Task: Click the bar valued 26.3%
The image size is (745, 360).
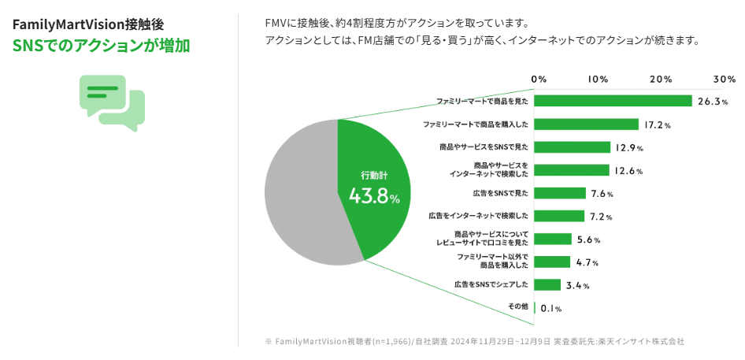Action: [613, 101]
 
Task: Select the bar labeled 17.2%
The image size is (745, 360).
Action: [587, 124]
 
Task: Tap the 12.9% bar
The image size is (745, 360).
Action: [573, 147]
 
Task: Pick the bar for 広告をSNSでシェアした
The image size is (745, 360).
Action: [547, 284]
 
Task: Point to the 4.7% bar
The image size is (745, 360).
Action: [552, 262]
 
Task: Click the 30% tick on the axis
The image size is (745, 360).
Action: [724, 80]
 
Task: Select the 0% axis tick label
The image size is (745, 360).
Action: [539, 80]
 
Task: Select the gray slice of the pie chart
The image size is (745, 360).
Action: [299, 193]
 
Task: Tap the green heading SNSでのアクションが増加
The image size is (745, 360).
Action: [101, 46]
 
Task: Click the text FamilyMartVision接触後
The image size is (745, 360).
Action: [88, 24]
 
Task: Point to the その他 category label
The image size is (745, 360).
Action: [517, 306]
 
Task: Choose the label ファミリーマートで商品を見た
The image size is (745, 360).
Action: [482, 102]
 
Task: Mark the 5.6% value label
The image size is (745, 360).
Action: [588, 240]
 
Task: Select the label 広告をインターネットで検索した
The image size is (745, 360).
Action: [477, 216]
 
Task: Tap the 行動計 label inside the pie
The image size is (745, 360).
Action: [374, 174]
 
